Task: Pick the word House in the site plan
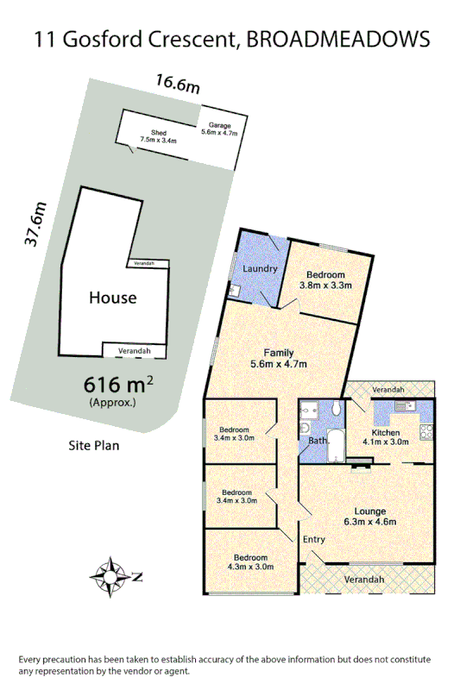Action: click(x=113, y=298)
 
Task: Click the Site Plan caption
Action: click(x=94, y=446)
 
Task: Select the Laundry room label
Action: click(x=260, y=269)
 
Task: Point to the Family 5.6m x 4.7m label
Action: click(x=279, y=358)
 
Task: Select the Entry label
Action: click(x=314, y=539)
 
